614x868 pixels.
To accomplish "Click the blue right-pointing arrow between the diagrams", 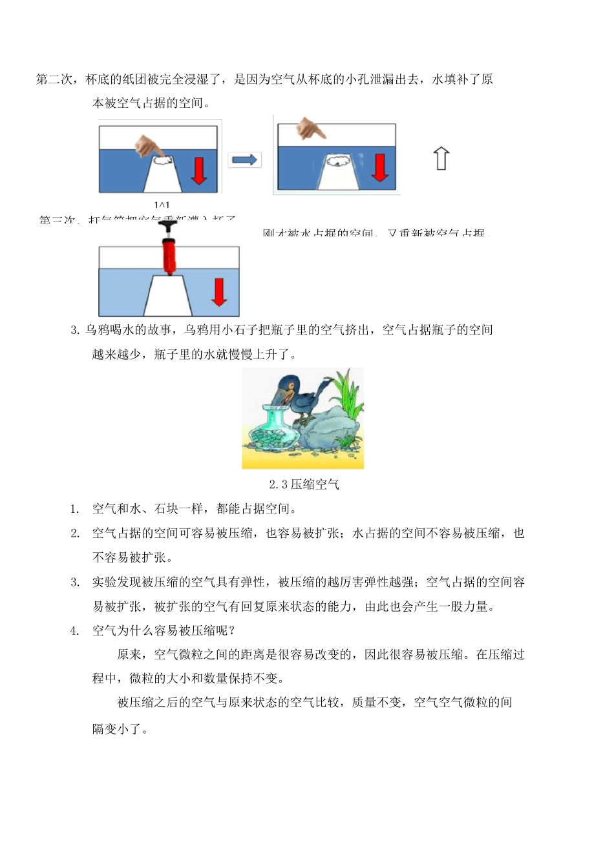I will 244,160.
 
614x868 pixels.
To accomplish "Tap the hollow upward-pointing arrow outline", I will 441,158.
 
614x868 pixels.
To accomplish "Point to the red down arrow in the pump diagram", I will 220,292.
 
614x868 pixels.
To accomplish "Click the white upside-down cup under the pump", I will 168,296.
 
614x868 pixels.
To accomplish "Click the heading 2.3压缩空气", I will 304,484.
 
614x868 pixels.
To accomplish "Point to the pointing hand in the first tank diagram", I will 148,145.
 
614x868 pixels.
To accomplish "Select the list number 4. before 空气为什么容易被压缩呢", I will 75,631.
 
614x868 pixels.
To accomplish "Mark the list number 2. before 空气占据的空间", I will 75,533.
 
